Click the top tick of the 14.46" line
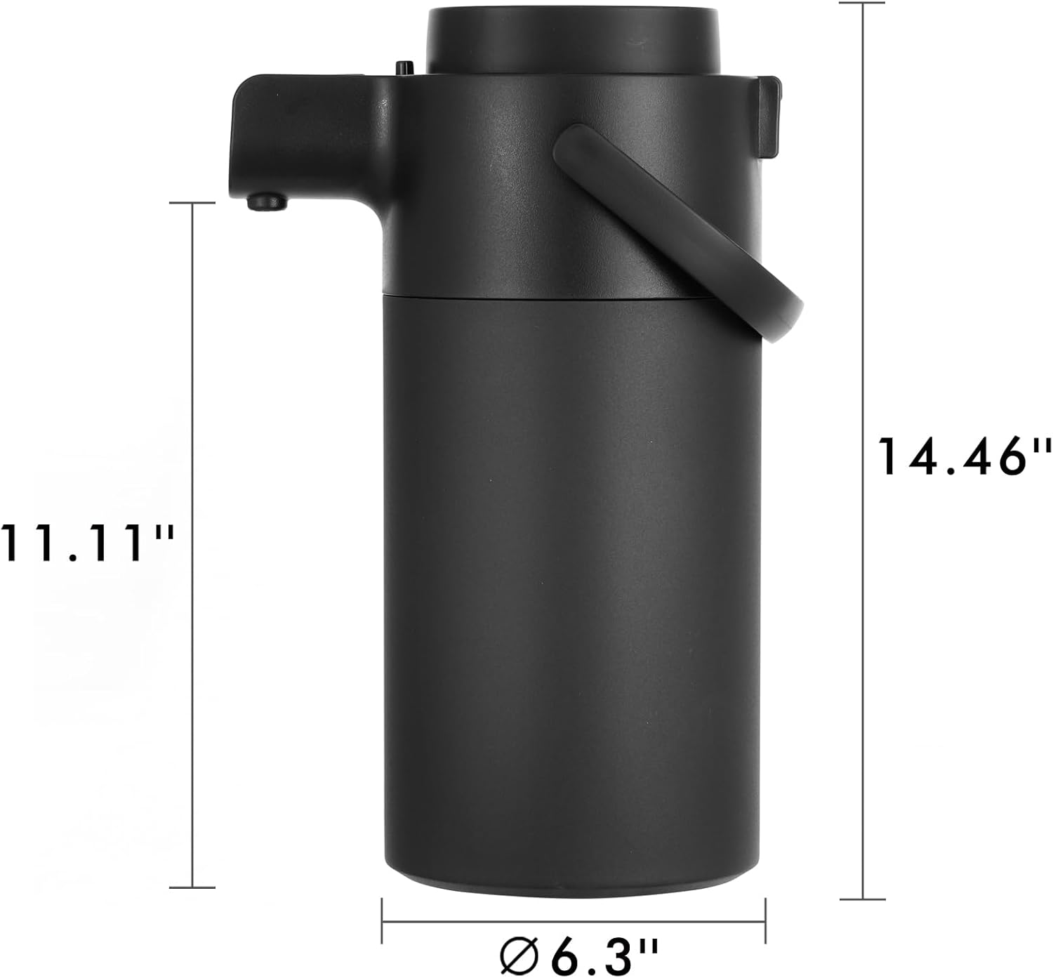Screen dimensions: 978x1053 point(862,3)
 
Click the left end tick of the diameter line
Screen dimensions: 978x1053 point(382,921)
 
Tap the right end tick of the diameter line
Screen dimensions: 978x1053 point(764,921)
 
